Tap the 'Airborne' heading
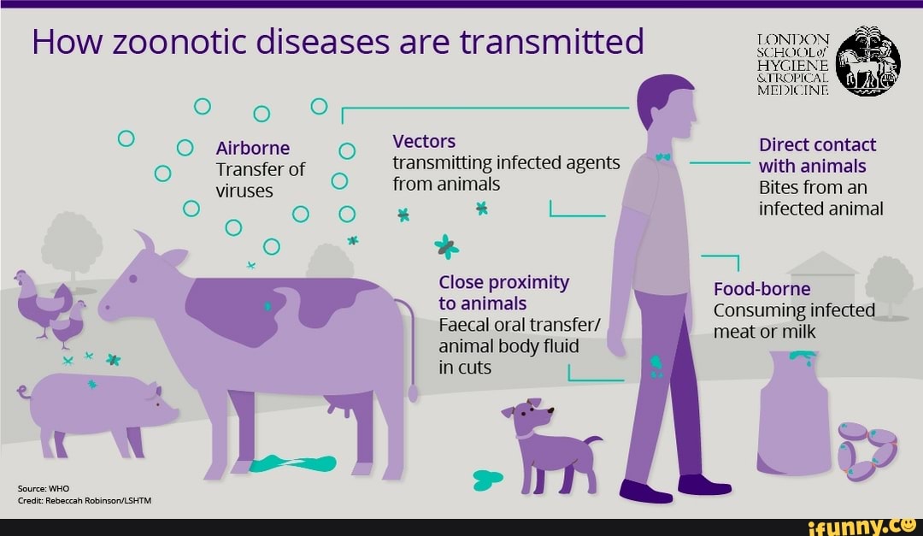coord(253,148)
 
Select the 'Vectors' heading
coord(424,141)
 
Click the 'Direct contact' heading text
coord(817,144)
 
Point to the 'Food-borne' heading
coord(761,288)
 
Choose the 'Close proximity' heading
coord(503,282)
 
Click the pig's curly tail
coord(24,392)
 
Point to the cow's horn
coord(145,241)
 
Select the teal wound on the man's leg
coord(656,366)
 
